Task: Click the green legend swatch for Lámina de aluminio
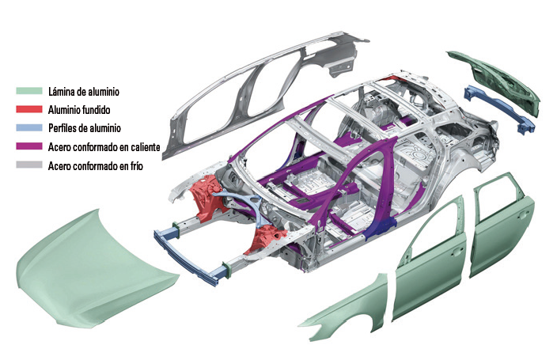point(29,91)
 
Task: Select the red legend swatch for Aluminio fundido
point(29,109)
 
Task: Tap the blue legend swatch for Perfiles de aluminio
point(29,127)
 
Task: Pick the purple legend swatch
point(29,146)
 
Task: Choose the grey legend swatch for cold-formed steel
point(29,165)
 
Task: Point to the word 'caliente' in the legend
point(143,147)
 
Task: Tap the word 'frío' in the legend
point(135,165)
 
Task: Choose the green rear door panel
point(501,227)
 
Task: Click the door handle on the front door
point(456,252)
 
